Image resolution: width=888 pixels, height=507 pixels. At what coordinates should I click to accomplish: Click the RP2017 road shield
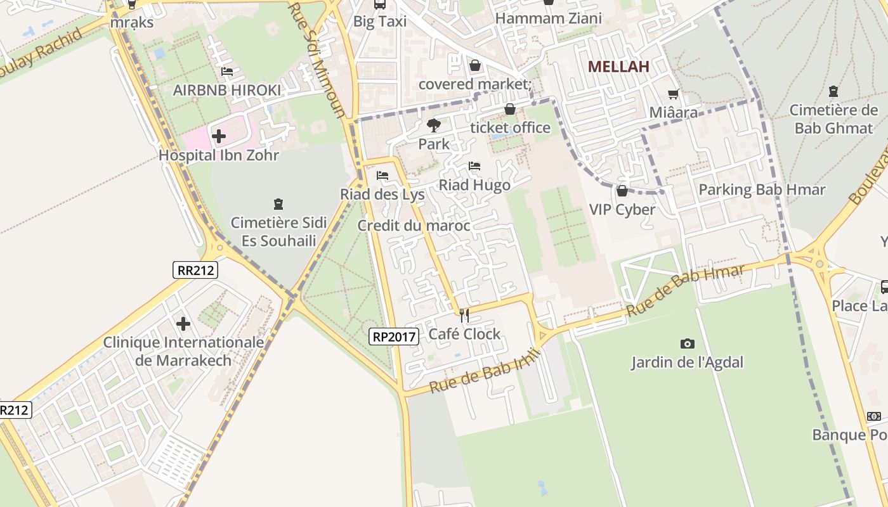coord(394,337)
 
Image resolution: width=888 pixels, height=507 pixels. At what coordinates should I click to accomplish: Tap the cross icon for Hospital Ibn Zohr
coord(219,136)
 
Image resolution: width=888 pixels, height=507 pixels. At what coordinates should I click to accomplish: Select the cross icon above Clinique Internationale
coord(183,324)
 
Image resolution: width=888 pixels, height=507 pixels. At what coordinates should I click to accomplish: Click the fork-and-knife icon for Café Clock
coord(464,315)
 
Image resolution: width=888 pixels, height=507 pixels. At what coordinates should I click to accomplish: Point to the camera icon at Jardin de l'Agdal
coord(687,343)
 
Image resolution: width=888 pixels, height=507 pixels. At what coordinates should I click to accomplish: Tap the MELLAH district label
coord(618,67)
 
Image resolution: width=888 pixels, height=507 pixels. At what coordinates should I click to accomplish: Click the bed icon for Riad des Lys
coord(382,176)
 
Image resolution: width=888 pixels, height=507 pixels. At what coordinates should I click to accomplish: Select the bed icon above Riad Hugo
coord(474,166)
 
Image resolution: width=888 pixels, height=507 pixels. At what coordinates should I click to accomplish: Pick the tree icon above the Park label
coord(434,125)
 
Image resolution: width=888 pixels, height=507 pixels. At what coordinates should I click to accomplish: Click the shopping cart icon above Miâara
coord(673,94)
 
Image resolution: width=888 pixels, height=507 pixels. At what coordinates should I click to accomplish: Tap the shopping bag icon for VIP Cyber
coord(622,191)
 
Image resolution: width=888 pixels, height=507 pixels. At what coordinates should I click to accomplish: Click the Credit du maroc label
coord(414,226)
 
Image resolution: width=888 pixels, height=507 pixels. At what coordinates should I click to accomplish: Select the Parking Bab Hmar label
coord(762,189)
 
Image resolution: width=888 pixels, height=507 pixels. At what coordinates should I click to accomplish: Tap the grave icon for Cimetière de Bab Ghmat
coord(833,91)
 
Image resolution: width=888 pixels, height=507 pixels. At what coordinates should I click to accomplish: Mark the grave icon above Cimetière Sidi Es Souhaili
coord(278,204)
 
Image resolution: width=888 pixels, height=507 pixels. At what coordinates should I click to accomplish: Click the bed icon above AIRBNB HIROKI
coord(227,72)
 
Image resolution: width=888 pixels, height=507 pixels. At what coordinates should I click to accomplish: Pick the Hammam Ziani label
coord(548,18)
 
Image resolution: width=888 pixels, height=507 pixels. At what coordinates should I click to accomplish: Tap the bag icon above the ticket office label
coord(509,109)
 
